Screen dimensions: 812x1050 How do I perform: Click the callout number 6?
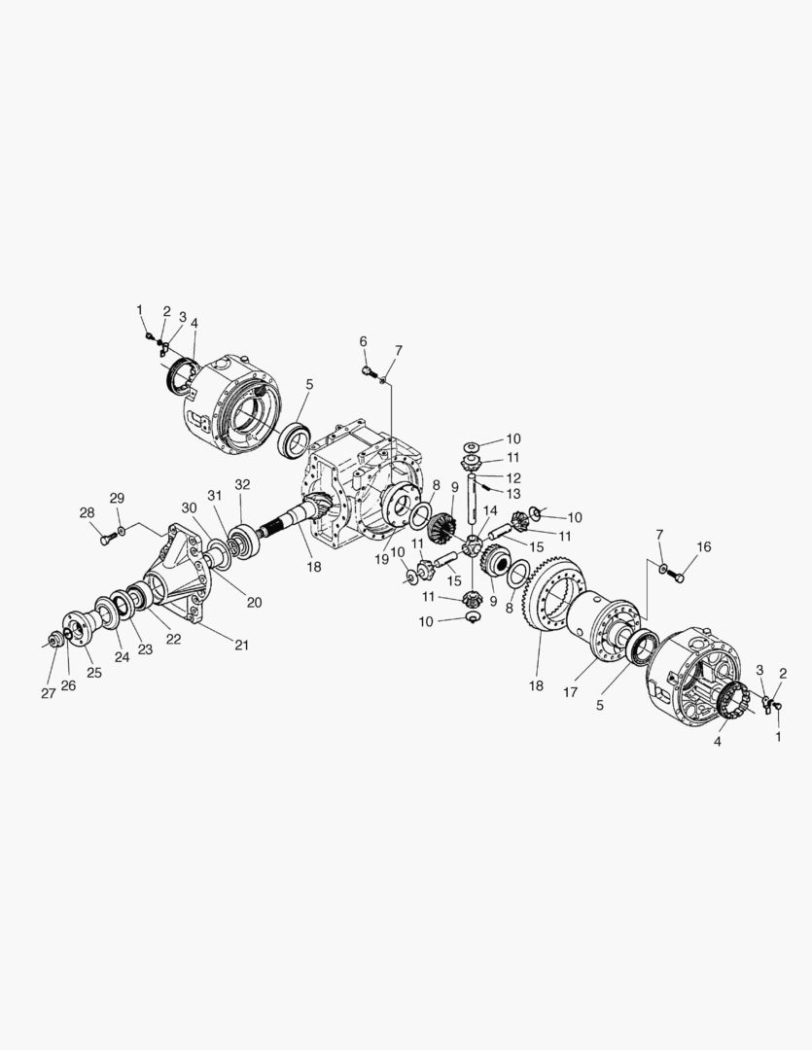[363, 341]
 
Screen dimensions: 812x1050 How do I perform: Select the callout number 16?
[703, 547]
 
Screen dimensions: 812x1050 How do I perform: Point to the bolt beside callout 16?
[679, 576]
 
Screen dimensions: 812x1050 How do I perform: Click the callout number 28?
[88, 512]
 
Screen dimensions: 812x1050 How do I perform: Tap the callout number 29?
[118, 498]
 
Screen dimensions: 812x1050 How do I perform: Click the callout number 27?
[49, 694]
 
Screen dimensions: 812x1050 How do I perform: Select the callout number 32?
[242, 484]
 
